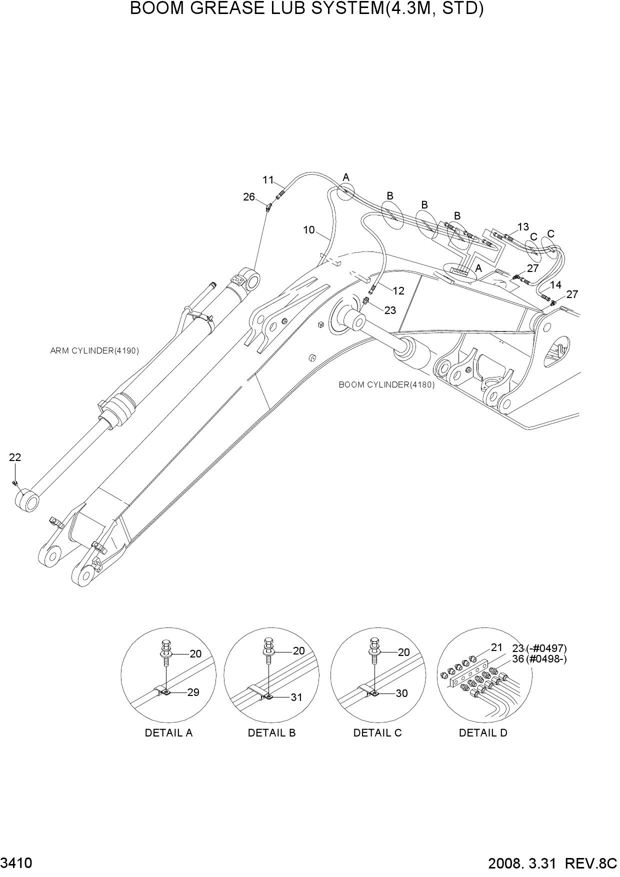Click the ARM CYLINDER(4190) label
[94, 351]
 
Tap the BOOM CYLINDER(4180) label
[386, 385]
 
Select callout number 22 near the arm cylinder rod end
[15, 457]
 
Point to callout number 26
[249, 197]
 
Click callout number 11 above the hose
[268, 180]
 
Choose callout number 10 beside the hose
[309, 230]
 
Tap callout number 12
[398, 291]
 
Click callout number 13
[523, 227]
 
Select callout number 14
[555, 285]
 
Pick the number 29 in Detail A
[193, 692]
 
